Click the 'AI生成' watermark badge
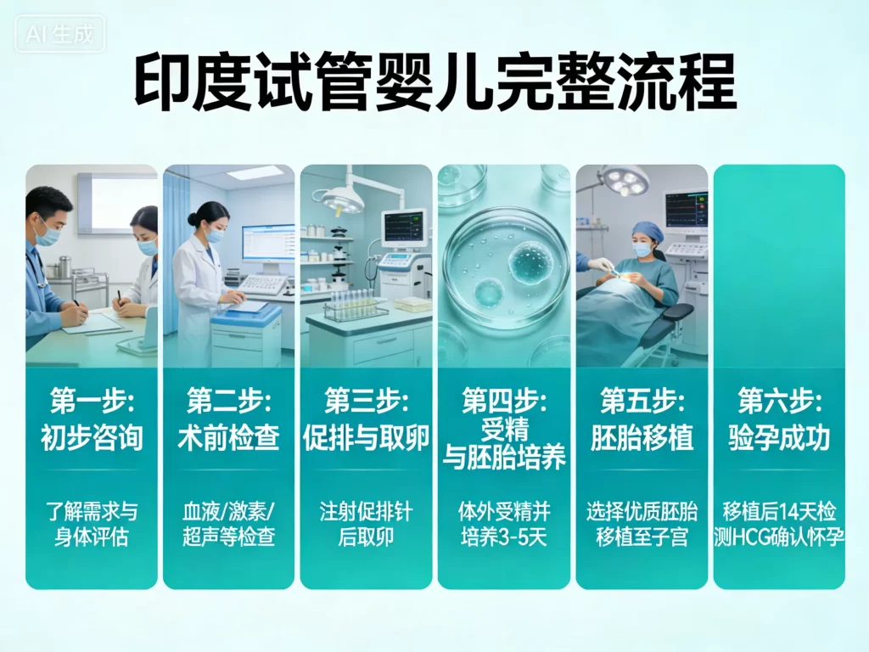(x=59, y=35)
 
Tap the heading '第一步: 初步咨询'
(x=92, y=419)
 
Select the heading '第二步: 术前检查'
(x=229, y=419)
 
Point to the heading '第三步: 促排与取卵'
(x=367, y=419)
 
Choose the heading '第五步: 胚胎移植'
(x=642, y=419)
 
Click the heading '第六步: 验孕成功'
(x=779, y=419)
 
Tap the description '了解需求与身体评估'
(x=92, y=524)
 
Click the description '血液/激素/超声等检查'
(x=229, y=524)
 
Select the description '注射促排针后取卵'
(x=367, y=524)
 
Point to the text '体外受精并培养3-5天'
(x=504, y=524)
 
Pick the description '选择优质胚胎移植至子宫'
(x=642, y=524)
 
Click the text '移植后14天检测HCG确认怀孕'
(x=779, y=524)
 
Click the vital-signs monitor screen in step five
(x=686, y=209)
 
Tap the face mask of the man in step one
(x=48, y=233)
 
